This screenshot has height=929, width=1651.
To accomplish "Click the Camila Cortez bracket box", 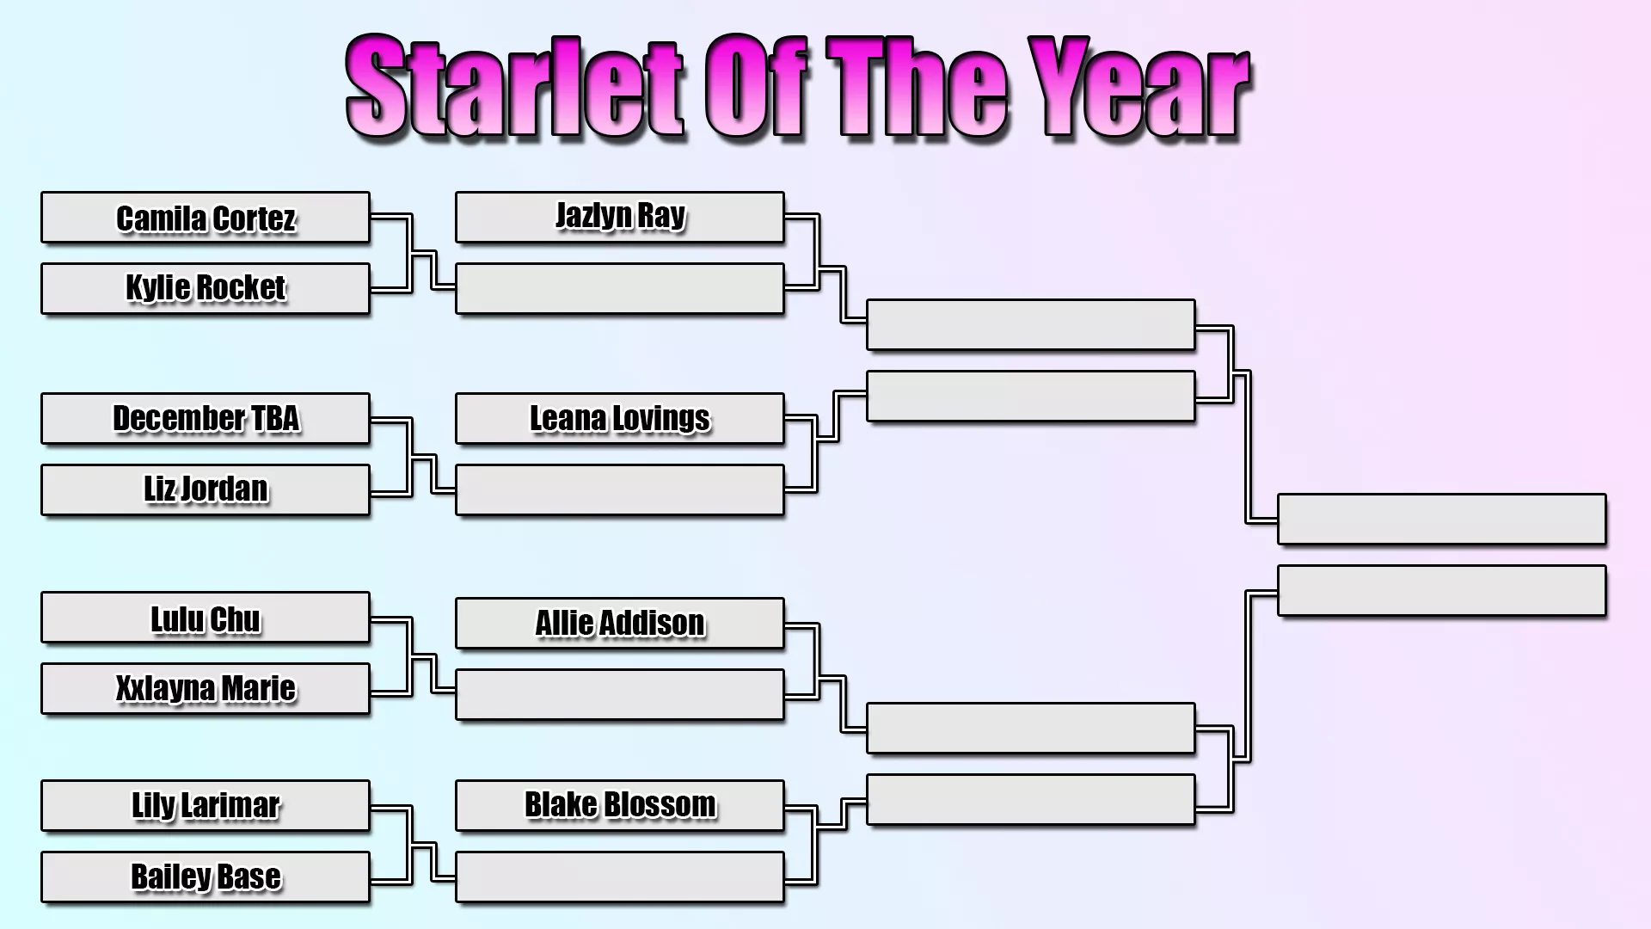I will pos(206,218).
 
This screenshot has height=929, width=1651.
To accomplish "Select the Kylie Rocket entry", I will pos(206,288).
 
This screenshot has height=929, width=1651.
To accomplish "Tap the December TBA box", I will pos(206,419).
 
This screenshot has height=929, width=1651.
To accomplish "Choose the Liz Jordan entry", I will pos(206,489).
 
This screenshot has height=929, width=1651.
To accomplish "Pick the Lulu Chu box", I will pos(206,618).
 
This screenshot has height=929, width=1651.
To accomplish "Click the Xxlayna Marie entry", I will pos(206,688).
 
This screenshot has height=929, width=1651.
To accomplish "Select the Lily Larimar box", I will pos(206,806).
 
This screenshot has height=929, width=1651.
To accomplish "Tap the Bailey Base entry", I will pos(206,877).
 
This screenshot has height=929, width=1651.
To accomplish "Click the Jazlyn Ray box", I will pos(619,218).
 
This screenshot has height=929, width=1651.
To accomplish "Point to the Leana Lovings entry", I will pos(619,419).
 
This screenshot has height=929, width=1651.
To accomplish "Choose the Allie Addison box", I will pos(619,623).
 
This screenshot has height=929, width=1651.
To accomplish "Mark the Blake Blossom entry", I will pos(619,806).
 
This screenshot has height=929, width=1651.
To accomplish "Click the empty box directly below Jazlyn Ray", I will pos(619,288).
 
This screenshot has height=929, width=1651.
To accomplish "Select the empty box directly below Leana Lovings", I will pos(619,489).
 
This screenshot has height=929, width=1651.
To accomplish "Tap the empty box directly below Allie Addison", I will pos(619,694).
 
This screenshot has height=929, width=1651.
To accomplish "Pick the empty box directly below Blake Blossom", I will pos(619,877).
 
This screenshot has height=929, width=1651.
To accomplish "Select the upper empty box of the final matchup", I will pos(1441,519).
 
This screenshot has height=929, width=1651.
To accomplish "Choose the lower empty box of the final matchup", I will pos(1441,590).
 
